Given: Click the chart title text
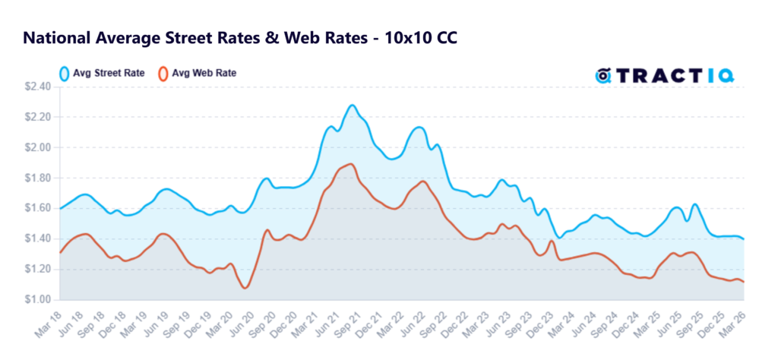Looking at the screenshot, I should coord(240,37).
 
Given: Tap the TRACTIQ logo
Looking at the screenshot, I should coord(669,74).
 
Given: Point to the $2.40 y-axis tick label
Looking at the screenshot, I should coord(38,87).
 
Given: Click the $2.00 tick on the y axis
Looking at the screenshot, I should coord(38,147).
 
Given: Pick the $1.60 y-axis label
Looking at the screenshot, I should coord(38,208).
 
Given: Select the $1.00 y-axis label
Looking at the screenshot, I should coord(38,299).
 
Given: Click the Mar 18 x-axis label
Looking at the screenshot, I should coord(47,321).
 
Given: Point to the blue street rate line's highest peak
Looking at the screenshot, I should coord(351,106).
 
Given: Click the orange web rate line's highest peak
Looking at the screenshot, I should coord(349,163).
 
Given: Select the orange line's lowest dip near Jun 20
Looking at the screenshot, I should coord(244,288).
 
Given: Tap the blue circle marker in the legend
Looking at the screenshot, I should coord(65,74).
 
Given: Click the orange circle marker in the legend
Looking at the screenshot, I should coord(162,74).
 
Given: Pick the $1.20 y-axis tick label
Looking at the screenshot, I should coord(38,269).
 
